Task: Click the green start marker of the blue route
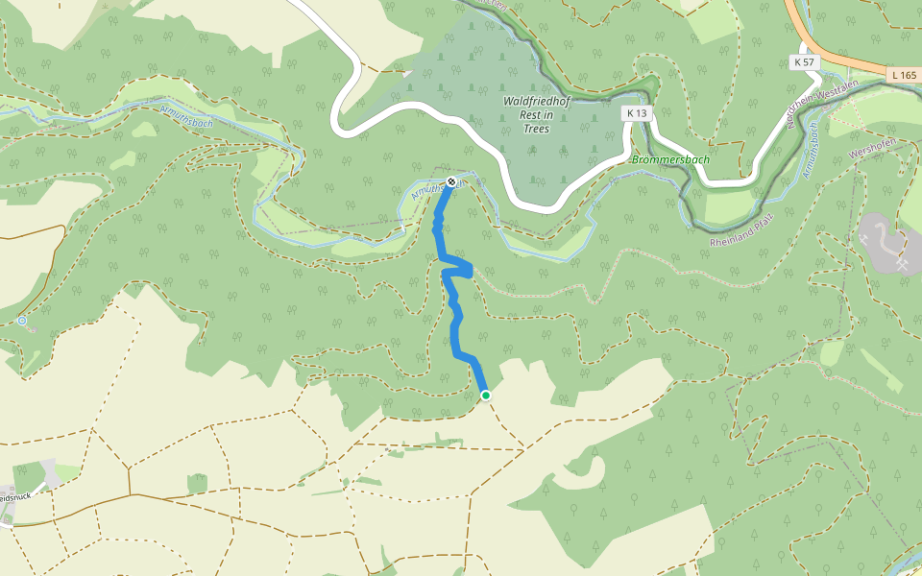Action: tap(486, 395)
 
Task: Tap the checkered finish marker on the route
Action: tap(451, 181)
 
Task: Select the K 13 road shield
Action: tap(635, 113)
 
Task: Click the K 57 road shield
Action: tap(804, 61)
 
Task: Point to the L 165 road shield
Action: tap(904, 74)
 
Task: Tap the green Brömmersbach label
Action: tap(670, 158)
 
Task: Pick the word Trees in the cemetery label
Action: tap(536, 128)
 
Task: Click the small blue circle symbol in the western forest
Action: tap(22, 321)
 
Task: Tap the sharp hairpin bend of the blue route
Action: tap(471, 270)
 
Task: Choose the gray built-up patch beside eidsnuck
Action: tap(50, 473)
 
